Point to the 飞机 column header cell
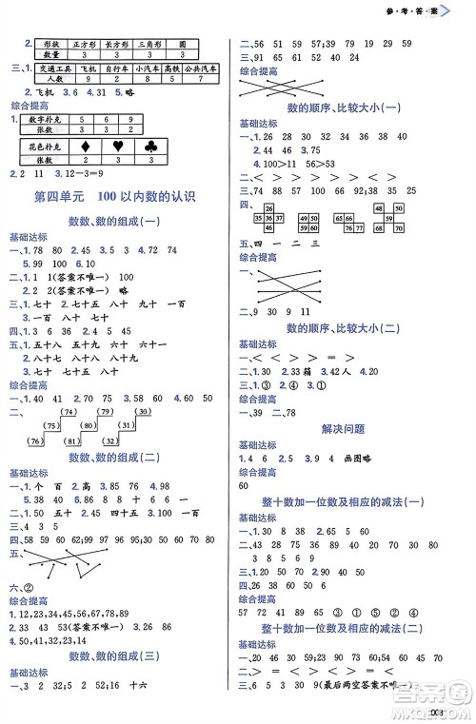point(89,68)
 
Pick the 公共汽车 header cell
point(202,68)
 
